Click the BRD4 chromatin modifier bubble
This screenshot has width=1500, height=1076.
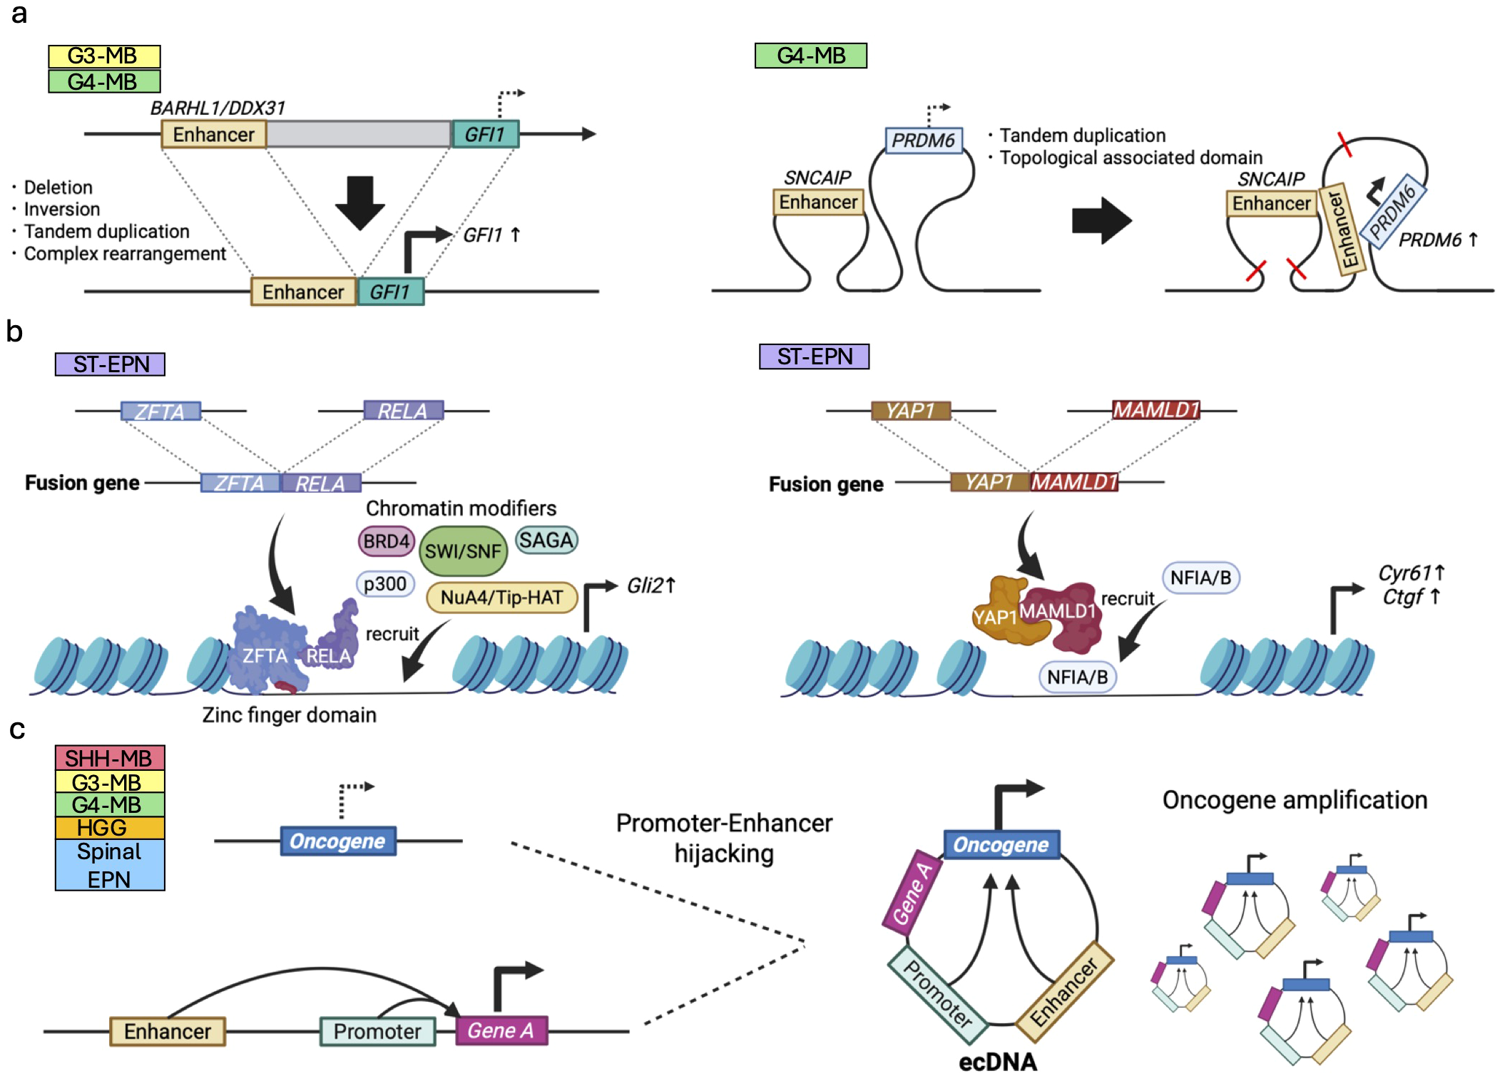pyautogui.click(x=386, y=541)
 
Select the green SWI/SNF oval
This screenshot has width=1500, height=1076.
pyautogui.click(x=463, y=551)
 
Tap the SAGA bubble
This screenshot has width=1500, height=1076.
pyautogui.click(x=546, y=540)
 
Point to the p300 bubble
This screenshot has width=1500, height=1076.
pyautogui.click(x=385, y=584)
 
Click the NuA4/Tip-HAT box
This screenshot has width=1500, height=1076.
pyautogui.click(x=501, y=598)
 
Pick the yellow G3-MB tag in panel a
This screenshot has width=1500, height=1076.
pyautogui.click(x=104, y=56)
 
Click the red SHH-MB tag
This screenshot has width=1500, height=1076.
pyautogui.click(x=110, y=757)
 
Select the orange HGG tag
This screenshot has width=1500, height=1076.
pyautogui.click(x=110, y=827)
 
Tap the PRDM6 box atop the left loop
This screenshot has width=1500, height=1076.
pyautogui.click(x=923, y=140)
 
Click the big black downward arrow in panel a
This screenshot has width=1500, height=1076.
pyautogui.click(x=359, y=203)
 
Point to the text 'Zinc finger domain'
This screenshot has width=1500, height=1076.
pyautogui.click(x=289, y=714)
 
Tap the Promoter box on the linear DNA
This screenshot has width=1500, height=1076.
pyautogui.click(x=377, y=1031)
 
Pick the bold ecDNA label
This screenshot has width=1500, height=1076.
pyautogui.click(x=997, y=1062)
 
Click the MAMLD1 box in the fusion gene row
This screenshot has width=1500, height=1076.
pyautogui.click(x=1074, y=483)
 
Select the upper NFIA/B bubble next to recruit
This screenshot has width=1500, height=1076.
pyautogui.click(x=1200, y=578)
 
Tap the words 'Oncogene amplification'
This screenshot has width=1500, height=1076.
pyautogui.click(x=1295, y=800)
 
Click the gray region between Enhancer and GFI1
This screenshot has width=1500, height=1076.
pyautogui.click(x=359, y=134)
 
